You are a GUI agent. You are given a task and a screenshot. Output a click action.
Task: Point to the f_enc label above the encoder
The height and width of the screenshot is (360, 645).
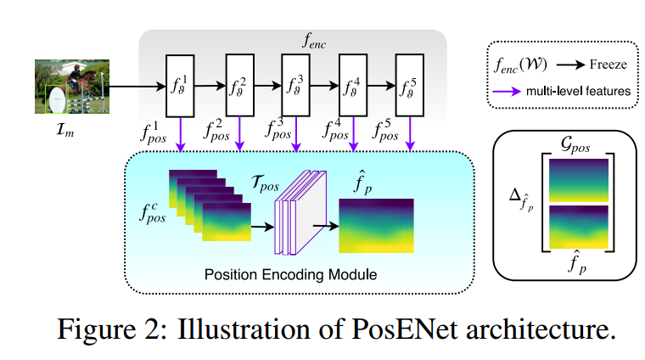[292, 39]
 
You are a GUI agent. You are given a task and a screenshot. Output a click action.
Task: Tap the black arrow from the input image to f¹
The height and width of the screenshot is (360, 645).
[137, 86]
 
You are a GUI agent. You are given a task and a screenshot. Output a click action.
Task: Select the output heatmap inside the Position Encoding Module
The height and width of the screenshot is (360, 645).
[376, 225]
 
